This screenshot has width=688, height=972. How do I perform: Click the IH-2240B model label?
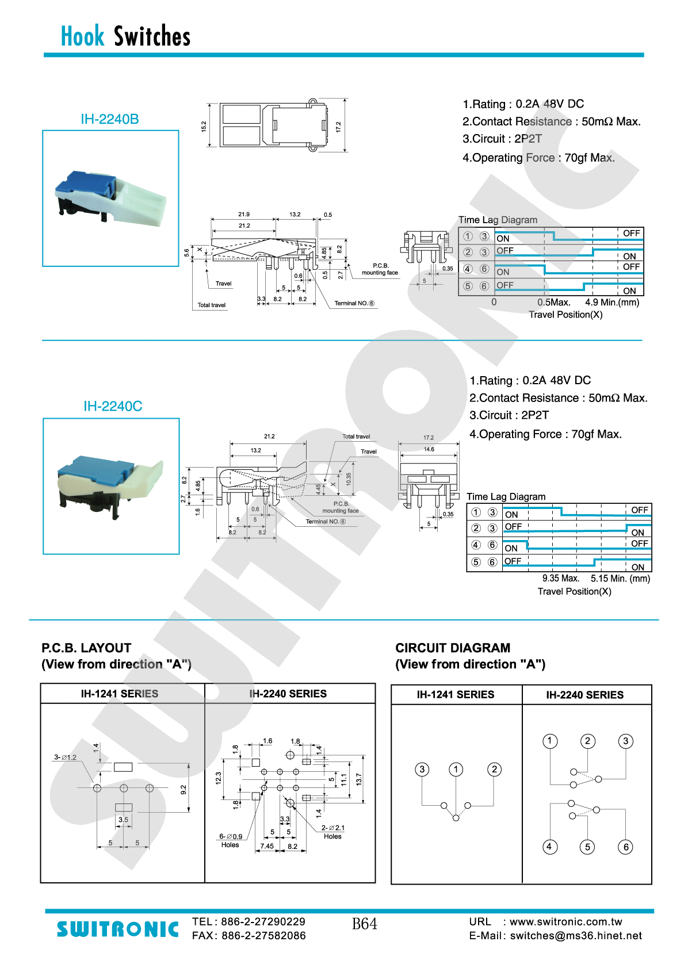pyautogui.click(x=109, y=119)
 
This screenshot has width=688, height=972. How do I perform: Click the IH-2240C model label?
pyautogui.click(x=113, y=406)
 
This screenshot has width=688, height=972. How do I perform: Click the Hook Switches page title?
pyautogui.click(x=125, y=36)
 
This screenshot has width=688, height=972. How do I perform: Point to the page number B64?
pyautogui.click(x=365, y=924)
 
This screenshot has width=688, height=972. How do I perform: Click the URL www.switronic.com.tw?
pyautogui.click(x=565, y=922)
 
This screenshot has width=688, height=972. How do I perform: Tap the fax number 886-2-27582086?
pyautogui.click(x=263, y=936)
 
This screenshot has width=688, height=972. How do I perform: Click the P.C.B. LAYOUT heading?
pyautogui.click(x=86, y=648)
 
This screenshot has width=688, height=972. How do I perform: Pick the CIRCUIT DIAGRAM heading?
pyautogui.click(x=453, y=648)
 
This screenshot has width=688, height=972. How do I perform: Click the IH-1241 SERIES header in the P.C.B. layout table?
pyautogui.click(x=120, y=694)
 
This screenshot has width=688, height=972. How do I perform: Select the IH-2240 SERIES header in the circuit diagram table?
pyautogui.click(x=584, y=695)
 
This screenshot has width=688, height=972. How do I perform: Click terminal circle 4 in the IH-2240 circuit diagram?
pyautogui.click(x=550, y=847)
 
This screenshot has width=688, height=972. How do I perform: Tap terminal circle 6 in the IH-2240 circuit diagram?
pyautogui.click(x=626, y=847)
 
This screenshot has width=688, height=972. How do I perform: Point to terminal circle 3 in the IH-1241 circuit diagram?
pyautogui.click(x=422, y=770)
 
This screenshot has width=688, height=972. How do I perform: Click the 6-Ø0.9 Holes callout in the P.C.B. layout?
pyautogui.click(x=231, y=840)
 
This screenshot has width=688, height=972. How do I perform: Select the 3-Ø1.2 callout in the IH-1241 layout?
pyautogui.click(x=65, y=757)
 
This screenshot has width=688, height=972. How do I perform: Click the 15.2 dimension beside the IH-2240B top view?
pyautogui.click(x=204, y=126)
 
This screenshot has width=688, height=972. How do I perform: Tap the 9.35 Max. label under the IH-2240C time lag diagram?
pyautogui.click(x=560, y=579)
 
